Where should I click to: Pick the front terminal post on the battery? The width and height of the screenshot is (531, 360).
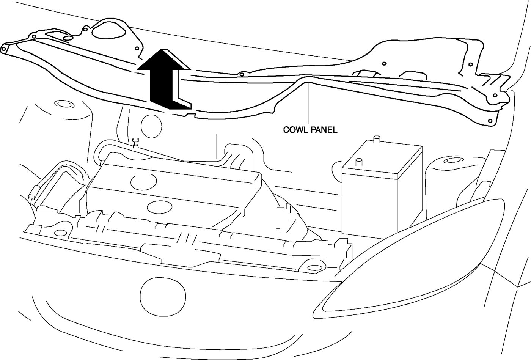(x=358, y=162)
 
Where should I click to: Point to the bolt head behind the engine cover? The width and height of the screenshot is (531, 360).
(x=136, y=142)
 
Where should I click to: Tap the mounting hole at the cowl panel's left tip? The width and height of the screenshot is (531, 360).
(x=4, y=48)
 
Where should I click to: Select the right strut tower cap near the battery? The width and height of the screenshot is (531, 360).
(x=452, y=161)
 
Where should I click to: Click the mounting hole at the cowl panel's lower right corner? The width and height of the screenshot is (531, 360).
(x=490, y=121)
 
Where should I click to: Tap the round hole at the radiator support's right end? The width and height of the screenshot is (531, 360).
(x=313, y=268)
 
